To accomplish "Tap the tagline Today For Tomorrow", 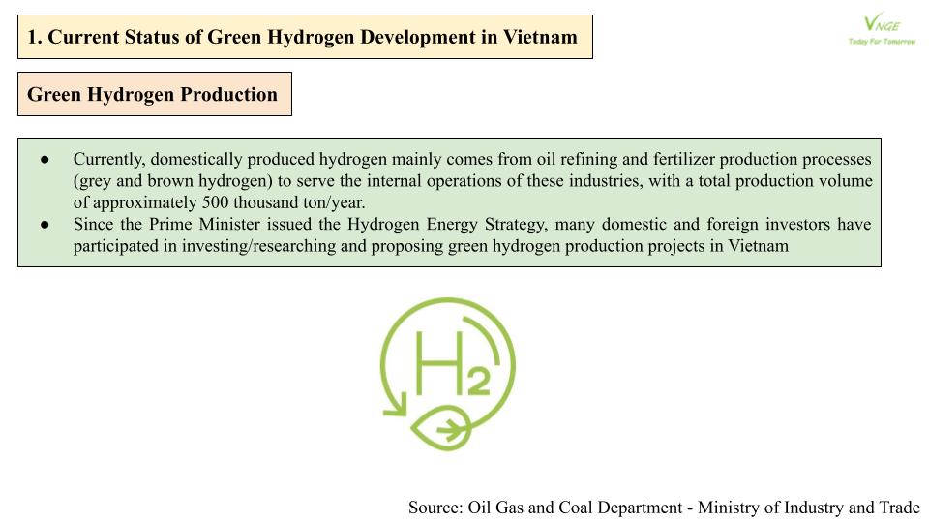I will [x=881, y=43].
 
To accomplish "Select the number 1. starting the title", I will [x=35, y=37].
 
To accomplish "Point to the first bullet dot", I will [x=45, y=159].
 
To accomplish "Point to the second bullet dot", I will [x=45, y=225].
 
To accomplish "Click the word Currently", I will [x=109, y=159].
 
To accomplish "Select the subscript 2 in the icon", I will [x=475, y=382].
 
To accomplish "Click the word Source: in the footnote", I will [x=435, y=508].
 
